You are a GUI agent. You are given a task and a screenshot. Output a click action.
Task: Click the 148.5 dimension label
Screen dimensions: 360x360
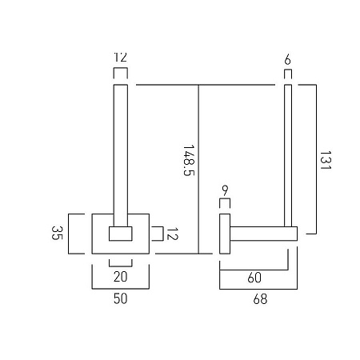coord(189,160)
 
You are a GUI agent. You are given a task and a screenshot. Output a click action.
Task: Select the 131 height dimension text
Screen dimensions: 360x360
coord(325,160)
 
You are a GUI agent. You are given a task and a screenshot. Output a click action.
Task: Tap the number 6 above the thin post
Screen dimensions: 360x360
coord(287,59)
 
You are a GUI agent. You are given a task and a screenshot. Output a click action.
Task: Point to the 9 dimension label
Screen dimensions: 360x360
coord(225,190)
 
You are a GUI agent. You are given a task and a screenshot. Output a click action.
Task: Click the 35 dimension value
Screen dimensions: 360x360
coord(57,233)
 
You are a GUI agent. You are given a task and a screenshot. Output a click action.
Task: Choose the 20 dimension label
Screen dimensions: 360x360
coord(121,277)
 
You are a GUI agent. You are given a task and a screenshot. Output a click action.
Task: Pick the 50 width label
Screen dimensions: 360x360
coord(121,298)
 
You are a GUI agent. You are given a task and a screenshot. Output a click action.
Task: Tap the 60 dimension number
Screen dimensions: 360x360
coord(254,278)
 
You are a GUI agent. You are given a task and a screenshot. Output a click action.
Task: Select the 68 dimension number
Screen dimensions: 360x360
coord(260,299)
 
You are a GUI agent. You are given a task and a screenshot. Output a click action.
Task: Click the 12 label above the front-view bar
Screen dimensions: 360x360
coord(121,57)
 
